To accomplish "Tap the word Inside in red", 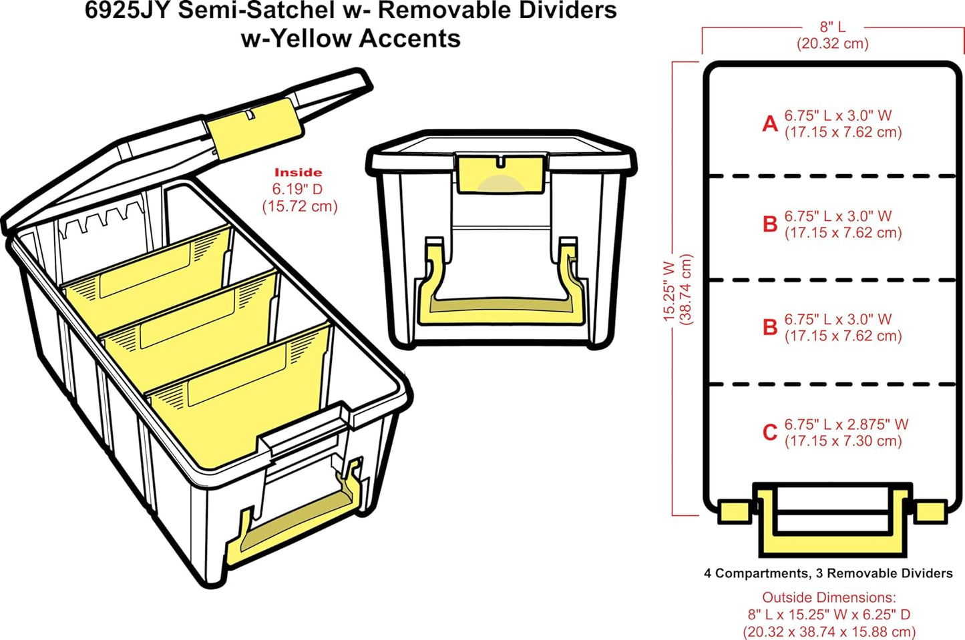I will (x=298, y=172).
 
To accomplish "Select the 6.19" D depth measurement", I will (x=298, y=190).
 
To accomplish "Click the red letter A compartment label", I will (x=770, y=124).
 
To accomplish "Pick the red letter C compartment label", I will (x=770, y=432).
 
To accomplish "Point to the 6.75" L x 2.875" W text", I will (x=846, y=424).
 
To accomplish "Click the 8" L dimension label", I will (x=832, y=27).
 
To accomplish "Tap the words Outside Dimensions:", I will (x=829, y=597).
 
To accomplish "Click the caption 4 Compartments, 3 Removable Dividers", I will (x=828, y=573).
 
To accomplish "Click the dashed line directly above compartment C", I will (x=832, y=384).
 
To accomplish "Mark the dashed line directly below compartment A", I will (x=832, y=176).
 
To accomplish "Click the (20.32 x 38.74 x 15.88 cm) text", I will (x=829, y=631).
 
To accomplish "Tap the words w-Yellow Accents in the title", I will (x=351, y=39).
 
